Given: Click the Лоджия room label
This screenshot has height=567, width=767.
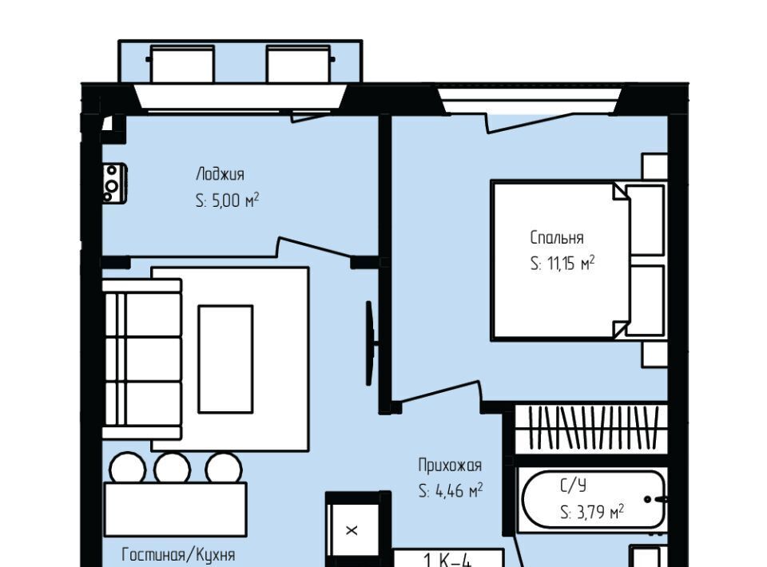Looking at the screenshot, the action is [x=220, y=174].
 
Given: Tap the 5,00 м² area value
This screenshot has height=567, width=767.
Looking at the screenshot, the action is [x=235, y=200].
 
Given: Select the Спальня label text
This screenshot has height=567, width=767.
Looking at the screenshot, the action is [x=557, y=237].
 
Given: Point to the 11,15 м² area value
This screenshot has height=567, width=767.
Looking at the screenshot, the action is [x=570, y=264].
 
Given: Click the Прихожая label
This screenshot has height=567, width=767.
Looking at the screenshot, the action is [x=450, y=465].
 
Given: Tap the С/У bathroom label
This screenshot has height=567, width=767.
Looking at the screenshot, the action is [x=573, y=486].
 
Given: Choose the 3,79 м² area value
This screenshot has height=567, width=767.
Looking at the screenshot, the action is [x=600, y=512].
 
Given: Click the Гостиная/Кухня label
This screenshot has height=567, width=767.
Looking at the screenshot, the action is [x=178, y=555].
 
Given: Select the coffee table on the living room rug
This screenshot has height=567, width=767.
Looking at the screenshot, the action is [x=225, y=359].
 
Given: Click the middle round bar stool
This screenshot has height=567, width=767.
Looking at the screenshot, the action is [x=173, y=468].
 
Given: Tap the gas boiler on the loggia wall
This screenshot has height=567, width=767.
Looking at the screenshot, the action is [x=115, y=184].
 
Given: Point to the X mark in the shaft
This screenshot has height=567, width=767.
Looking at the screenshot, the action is [x=352, y=530].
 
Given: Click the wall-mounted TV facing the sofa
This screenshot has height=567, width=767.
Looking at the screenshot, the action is [x=370, y=343].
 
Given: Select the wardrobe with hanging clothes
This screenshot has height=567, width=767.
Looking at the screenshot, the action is [x=592, y=428].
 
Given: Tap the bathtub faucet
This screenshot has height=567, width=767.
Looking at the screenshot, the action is [x=654, y=499].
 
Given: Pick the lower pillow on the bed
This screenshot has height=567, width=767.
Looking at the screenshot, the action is [x=646, y=300].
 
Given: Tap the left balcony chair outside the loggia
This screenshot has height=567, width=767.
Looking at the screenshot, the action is [x=181, y=64].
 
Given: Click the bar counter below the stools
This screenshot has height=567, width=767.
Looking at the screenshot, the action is [x=175, y=510].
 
